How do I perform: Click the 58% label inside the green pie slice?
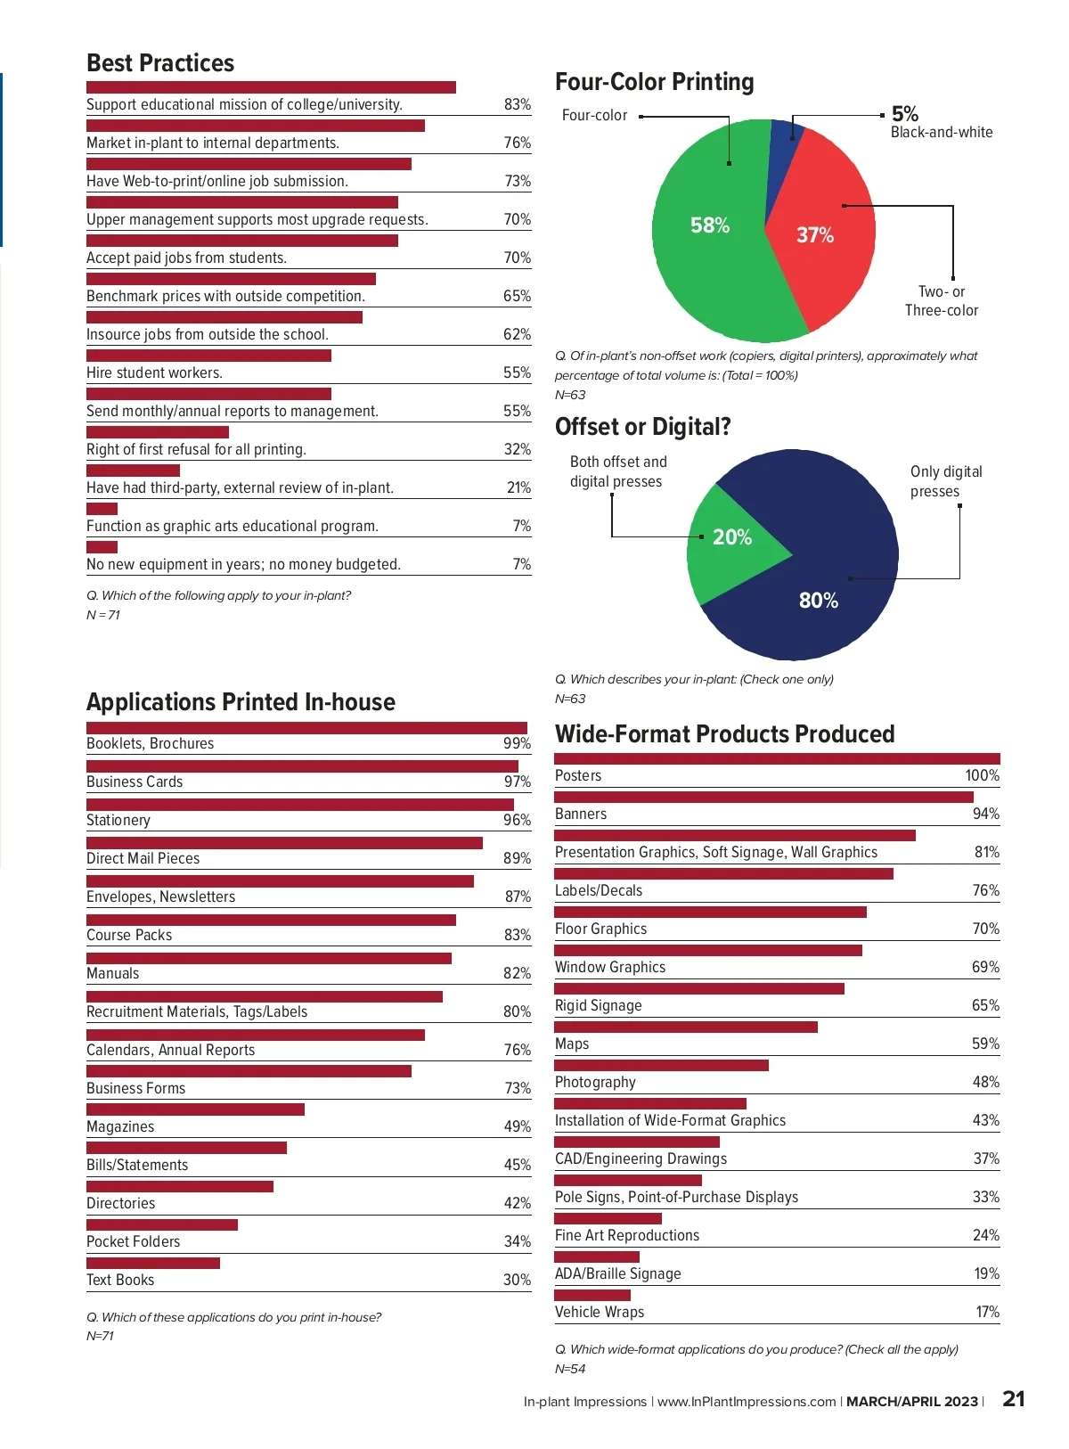710,225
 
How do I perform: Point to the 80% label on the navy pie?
819,601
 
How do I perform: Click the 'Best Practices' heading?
160,63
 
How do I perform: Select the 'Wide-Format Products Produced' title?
724,734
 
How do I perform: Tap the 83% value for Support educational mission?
517,104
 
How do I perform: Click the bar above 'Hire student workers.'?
208,356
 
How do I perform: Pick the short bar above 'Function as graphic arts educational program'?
102,509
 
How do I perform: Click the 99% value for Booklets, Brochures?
517,743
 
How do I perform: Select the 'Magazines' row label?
120,1126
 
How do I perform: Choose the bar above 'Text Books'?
153,1263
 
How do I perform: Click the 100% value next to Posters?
982,775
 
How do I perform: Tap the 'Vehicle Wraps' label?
600,1312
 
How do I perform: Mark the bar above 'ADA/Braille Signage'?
597,1257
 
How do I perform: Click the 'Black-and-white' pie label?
942,132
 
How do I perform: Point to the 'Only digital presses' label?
946,481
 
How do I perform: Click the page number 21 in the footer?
1014,1399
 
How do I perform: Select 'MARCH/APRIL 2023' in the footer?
911,1402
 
